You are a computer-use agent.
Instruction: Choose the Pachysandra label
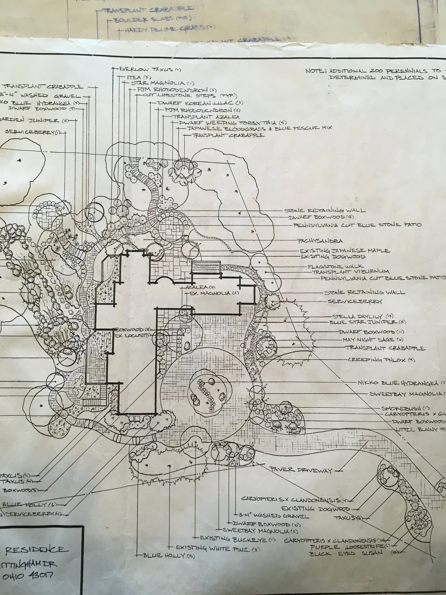point(320,241)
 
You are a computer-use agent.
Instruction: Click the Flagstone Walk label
point(336,267)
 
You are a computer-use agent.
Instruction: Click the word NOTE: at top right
point(316,71)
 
